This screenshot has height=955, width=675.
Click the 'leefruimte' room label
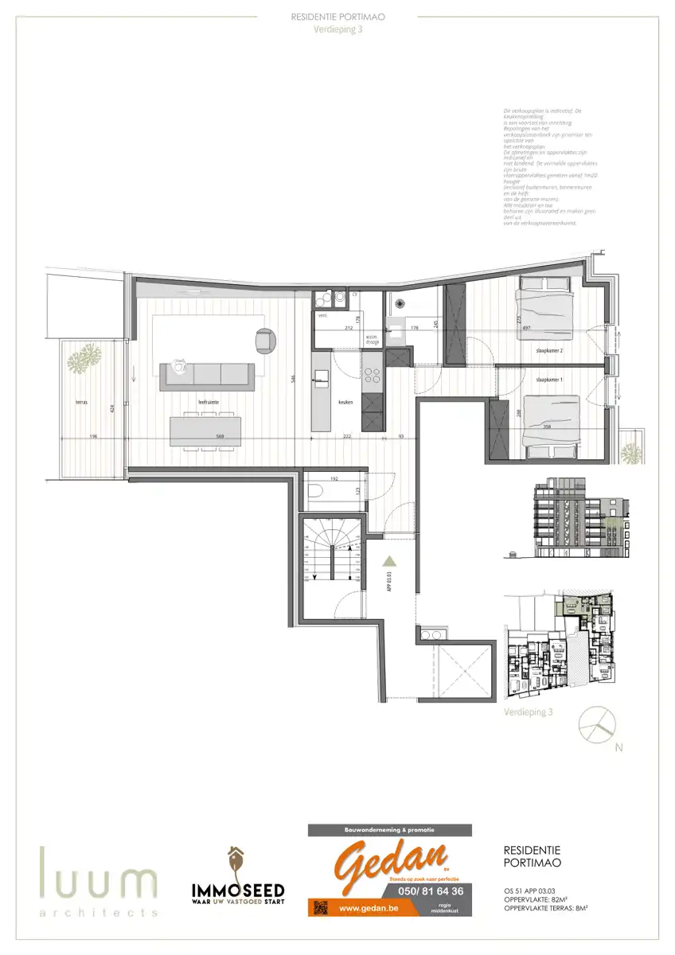click(209, 403)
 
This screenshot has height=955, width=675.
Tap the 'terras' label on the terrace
click(81, 403)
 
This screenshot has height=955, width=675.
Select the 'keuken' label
click(345, 403)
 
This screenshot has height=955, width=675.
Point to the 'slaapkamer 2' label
click(549, 350)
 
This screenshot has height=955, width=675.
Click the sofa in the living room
click(207, 375)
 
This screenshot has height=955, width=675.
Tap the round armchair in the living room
click(264, 340)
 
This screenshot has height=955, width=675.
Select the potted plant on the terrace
click(80, 361)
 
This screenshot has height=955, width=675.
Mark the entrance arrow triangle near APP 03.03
click(390, 562)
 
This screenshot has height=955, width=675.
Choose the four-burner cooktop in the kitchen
click(372, 372)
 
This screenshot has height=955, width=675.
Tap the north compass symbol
click(597, 723)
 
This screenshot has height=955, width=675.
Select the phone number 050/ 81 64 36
click(435, 891)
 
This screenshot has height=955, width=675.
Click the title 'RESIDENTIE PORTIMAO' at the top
click(338, 16)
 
